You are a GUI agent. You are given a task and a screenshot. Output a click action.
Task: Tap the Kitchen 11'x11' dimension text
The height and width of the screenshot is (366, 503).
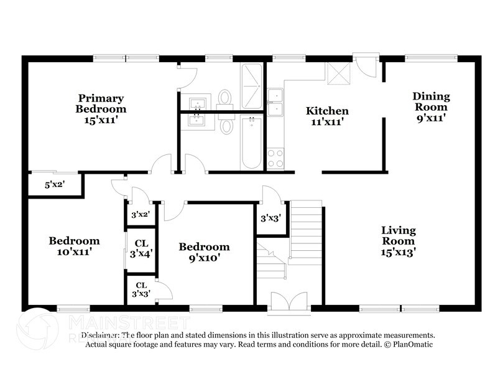[326, 122]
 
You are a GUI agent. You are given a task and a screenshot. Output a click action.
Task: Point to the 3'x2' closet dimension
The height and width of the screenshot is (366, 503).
[141, 215]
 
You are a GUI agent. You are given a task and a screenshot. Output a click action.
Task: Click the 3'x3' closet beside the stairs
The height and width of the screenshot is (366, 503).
[271, 218]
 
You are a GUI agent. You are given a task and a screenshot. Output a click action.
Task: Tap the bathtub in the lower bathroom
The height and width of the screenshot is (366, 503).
[251, 142]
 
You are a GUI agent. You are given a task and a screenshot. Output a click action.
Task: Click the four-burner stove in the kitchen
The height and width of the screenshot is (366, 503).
[274, 159]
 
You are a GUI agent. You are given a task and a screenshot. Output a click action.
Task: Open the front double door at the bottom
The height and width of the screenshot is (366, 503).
[288, 301]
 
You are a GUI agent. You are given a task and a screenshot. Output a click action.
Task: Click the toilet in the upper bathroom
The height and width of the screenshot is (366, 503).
[225, 98]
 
